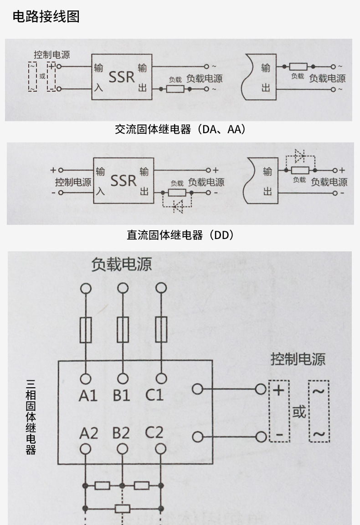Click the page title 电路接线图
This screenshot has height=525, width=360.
[x=46, y=17]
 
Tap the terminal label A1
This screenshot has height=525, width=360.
[x=87, y=395]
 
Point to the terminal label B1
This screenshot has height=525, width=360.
[x=121, y=395]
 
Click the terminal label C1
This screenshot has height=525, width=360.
[x=154, y=395]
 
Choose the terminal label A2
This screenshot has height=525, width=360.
[x=88, y=433]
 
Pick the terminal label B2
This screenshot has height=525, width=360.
[x=121, y=433]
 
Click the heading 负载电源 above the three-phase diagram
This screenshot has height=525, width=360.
[x=121, y=265]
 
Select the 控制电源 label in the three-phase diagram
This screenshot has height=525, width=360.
[x=298, y=359]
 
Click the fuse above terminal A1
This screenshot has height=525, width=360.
[x=86, y=330]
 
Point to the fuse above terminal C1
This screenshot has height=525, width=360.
[x=161, y=330]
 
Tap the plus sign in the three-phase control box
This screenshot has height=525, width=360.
[x=278, y=390]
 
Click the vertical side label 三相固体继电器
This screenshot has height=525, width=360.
[x=31, y=417]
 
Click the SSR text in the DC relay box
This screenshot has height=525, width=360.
[x=123, y=181]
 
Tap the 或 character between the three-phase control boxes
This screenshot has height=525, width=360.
[x=299, y=412]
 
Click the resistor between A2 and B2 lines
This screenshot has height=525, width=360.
[x=103, y=485]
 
